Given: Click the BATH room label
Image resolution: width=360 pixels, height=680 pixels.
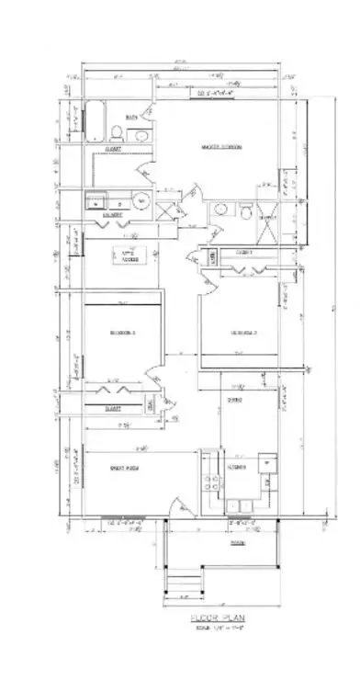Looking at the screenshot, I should (131, 117).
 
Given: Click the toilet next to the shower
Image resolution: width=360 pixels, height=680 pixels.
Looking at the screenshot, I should (246, 210).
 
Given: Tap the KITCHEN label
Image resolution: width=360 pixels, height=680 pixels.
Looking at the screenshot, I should (236, 468).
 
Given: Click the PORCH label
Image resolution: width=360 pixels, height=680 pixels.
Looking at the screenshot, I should (237, 542).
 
